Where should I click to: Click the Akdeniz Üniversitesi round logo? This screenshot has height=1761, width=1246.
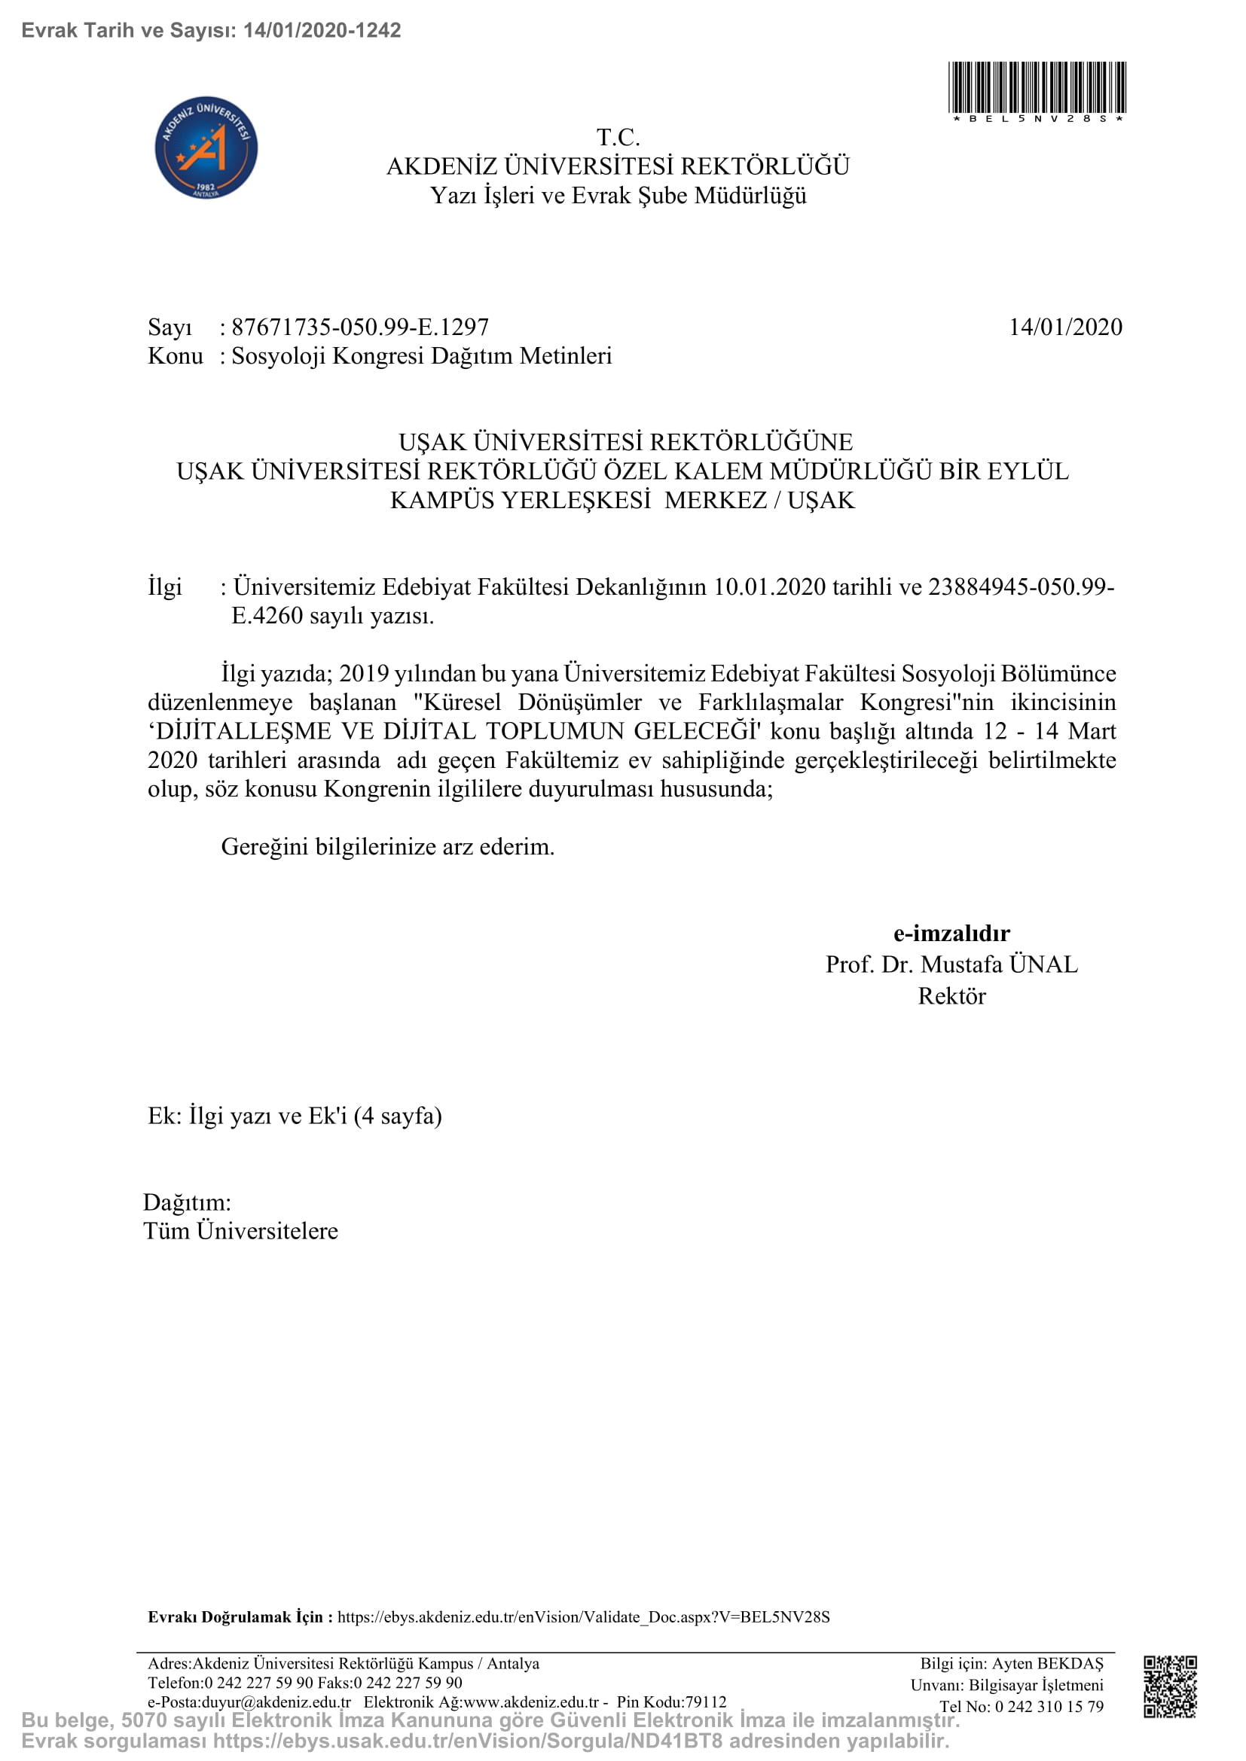[206, 148]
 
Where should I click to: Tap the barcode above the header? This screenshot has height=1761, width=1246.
[1037, 89]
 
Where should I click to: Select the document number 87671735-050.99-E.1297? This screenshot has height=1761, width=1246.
[360, 328]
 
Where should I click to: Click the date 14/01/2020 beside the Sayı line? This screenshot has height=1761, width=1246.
[1065, 328]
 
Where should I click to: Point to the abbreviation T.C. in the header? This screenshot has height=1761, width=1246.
[618, 138]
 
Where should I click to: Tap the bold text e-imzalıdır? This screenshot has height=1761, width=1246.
[951, 934]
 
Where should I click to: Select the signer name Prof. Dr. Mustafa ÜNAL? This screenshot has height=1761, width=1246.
[951, 964]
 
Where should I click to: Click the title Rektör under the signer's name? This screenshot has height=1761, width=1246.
[951, 996]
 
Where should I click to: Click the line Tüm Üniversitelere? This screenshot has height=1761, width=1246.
[241, 1231]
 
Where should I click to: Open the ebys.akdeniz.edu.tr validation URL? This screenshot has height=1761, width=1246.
[583, 1616]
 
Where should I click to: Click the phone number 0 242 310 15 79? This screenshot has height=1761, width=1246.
[1049, 1707]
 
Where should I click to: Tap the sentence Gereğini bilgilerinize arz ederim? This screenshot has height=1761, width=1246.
[387, 847]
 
